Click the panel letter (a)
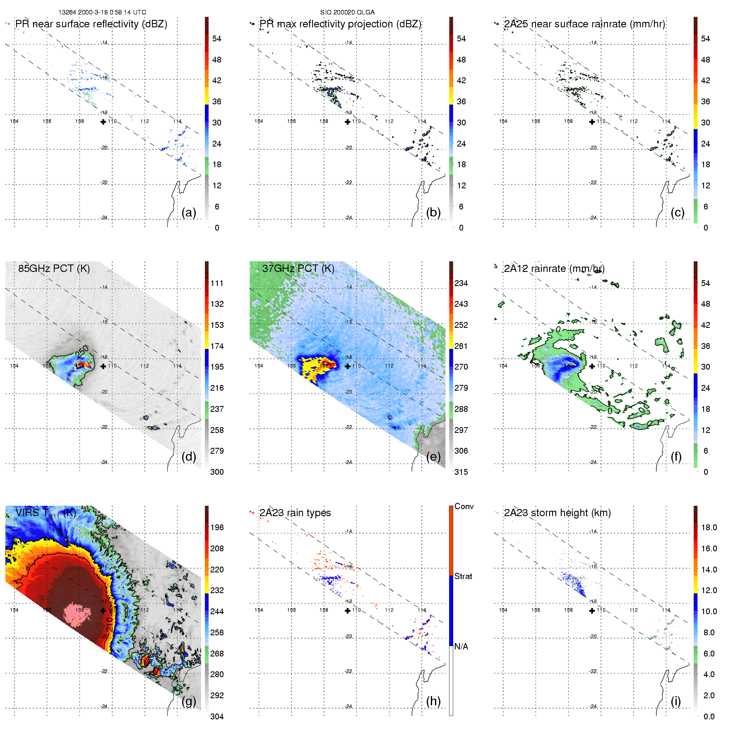click(188, 212)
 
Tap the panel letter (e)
click(433, 457)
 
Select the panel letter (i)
click(675, 701)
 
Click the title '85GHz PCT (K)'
click(54, 268)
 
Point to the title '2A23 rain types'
click(295, 513)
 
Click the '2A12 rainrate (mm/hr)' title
click(554, 268)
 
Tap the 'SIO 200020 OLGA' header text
click(347, 12)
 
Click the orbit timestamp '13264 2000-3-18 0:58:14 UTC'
click(102, 12)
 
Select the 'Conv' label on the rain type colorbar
click(464, 506)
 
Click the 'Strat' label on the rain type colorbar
click(463, 576)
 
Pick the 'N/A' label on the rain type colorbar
click(461, 646)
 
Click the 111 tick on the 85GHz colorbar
click(217, 283)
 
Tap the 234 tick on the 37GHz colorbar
click(461, 283)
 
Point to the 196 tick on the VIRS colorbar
click(217, 527)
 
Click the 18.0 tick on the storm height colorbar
click(709, 527)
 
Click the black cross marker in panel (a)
click(103, 122)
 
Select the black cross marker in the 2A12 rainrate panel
click(592, 366)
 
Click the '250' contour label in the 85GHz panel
click(82, 351)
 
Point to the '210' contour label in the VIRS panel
click(109, 624)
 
